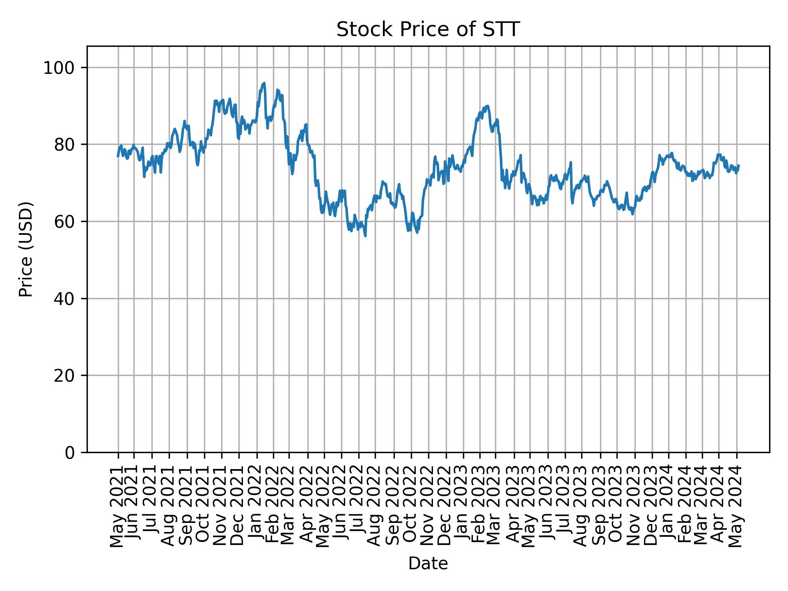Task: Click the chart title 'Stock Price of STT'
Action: (x=428, y=30)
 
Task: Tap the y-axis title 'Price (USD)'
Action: (x=26, y=249)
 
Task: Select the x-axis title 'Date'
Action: (x=428, y=564)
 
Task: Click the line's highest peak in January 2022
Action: (x=264, y=83)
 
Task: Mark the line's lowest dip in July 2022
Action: (x=365, y=236)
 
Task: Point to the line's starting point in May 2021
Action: (x=118, y=156)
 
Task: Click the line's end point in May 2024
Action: (x=739, y=165)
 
